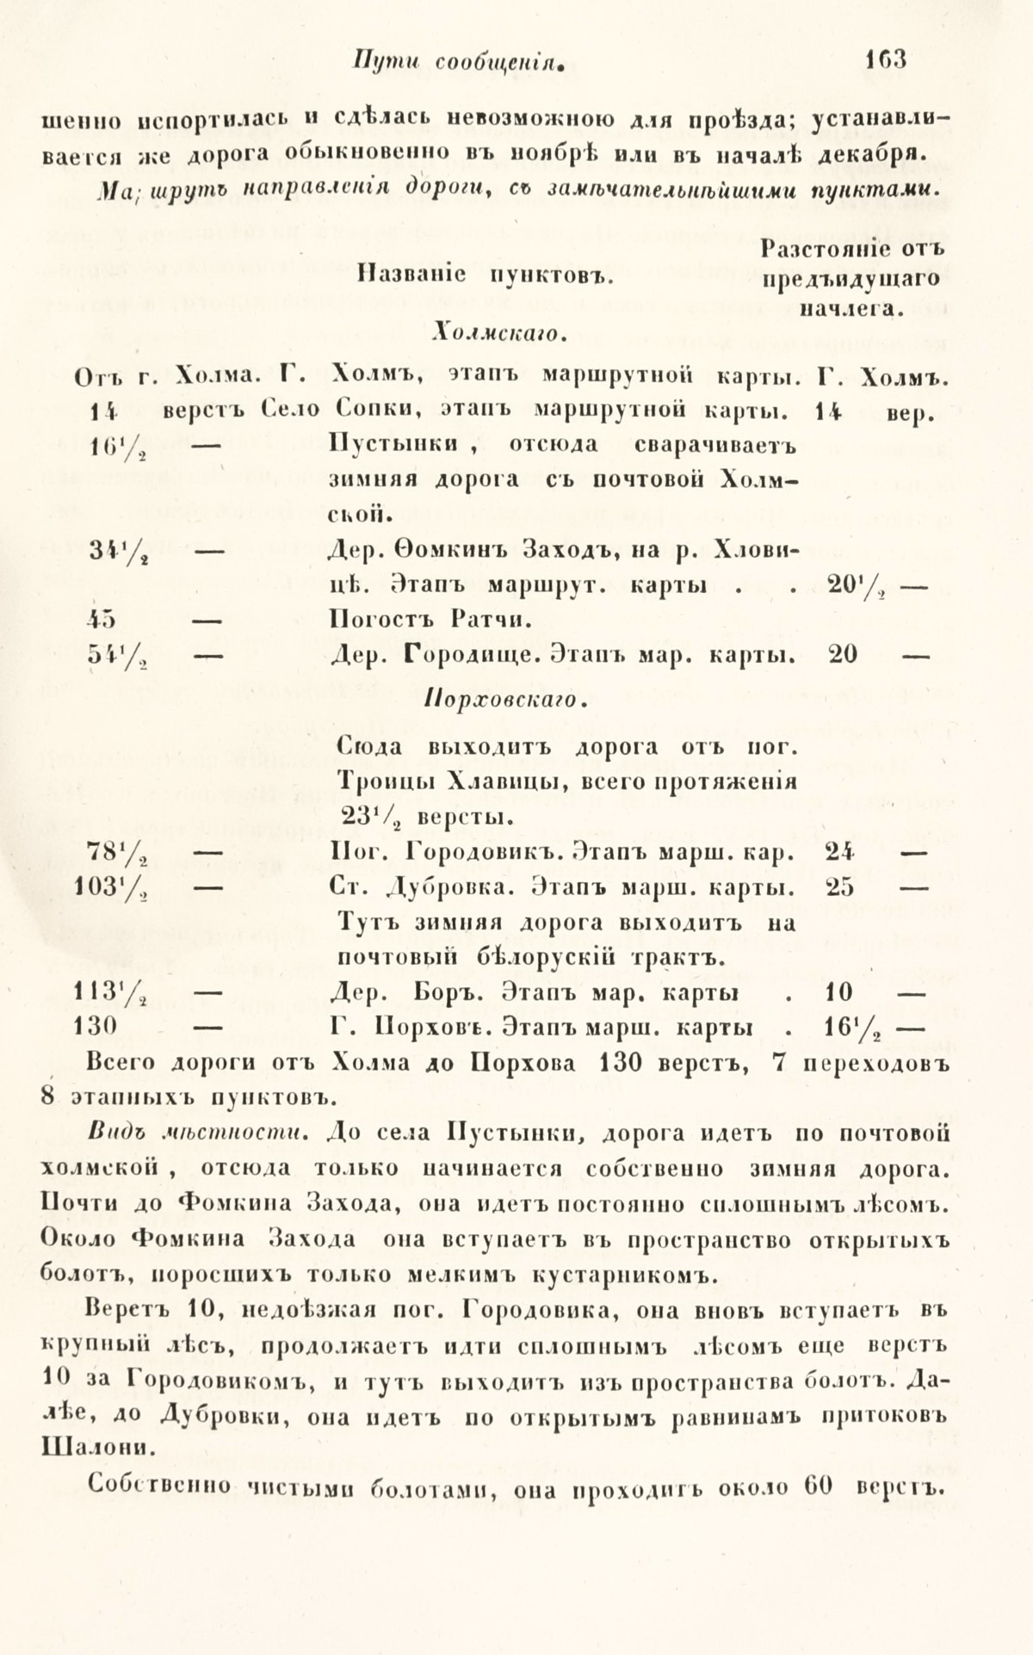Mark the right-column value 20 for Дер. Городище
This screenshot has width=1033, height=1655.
point(841,654)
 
